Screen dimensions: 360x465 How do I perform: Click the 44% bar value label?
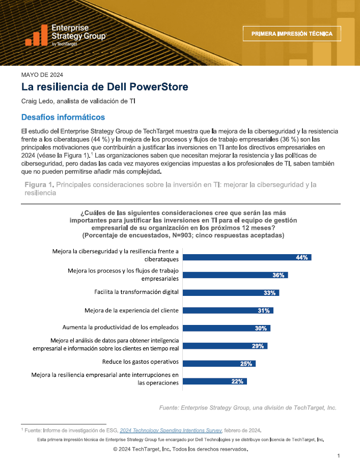[x=301, y=257]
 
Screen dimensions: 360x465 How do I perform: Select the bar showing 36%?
[x=235, y=275]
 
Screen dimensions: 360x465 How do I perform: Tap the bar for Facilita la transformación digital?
[x=231, y=293]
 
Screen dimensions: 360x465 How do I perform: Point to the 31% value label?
[x=264, y=311]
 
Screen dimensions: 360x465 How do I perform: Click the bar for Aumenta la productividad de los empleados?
[x=226, y=328]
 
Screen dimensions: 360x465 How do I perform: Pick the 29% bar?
[x=225, y=346]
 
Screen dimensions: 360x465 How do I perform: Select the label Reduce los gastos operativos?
[x=140, y=362]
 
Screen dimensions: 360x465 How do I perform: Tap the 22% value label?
[x=237, y=381]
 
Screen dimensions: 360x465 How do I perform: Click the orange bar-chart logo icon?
[x=36, y=35]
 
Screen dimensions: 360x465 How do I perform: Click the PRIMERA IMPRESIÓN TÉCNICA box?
[x=292, y=34]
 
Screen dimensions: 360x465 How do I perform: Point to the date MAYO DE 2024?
[x=42, y=75]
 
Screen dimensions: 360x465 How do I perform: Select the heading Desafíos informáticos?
[x=63, y=117]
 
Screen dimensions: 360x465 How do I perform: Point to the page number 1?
[x=338, y=456]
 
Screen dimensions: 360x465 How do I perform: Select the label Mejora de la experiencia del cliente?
[x=132, y=311]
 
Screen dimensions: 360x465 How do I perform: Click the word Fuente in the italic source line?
[x=169, y=408]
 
